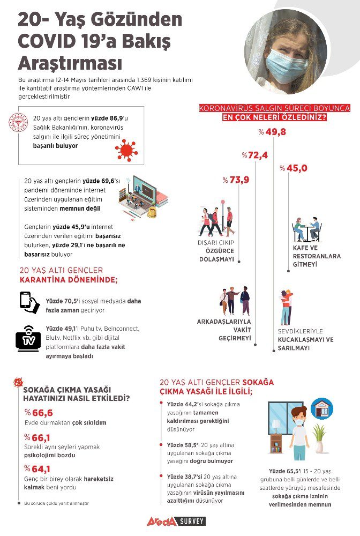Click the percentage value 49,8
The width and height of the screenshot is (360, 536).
click(x=273, y=132)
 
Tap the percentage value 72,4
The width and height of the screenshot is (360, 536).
click(x=255, y=155)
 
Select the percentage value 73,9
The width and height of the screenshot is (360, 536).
click(x=236, y=180)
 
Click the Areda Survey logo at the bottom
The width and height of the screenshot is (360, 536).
click(x=176, y=521)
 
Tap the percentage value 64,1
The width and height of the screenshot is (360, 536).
click(x=39, y=468)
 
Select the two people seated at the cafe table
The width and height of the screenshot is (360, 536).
click(x=306, y=229)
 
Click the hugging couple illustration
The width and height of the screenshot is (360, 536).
click(x=286, y=307)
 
